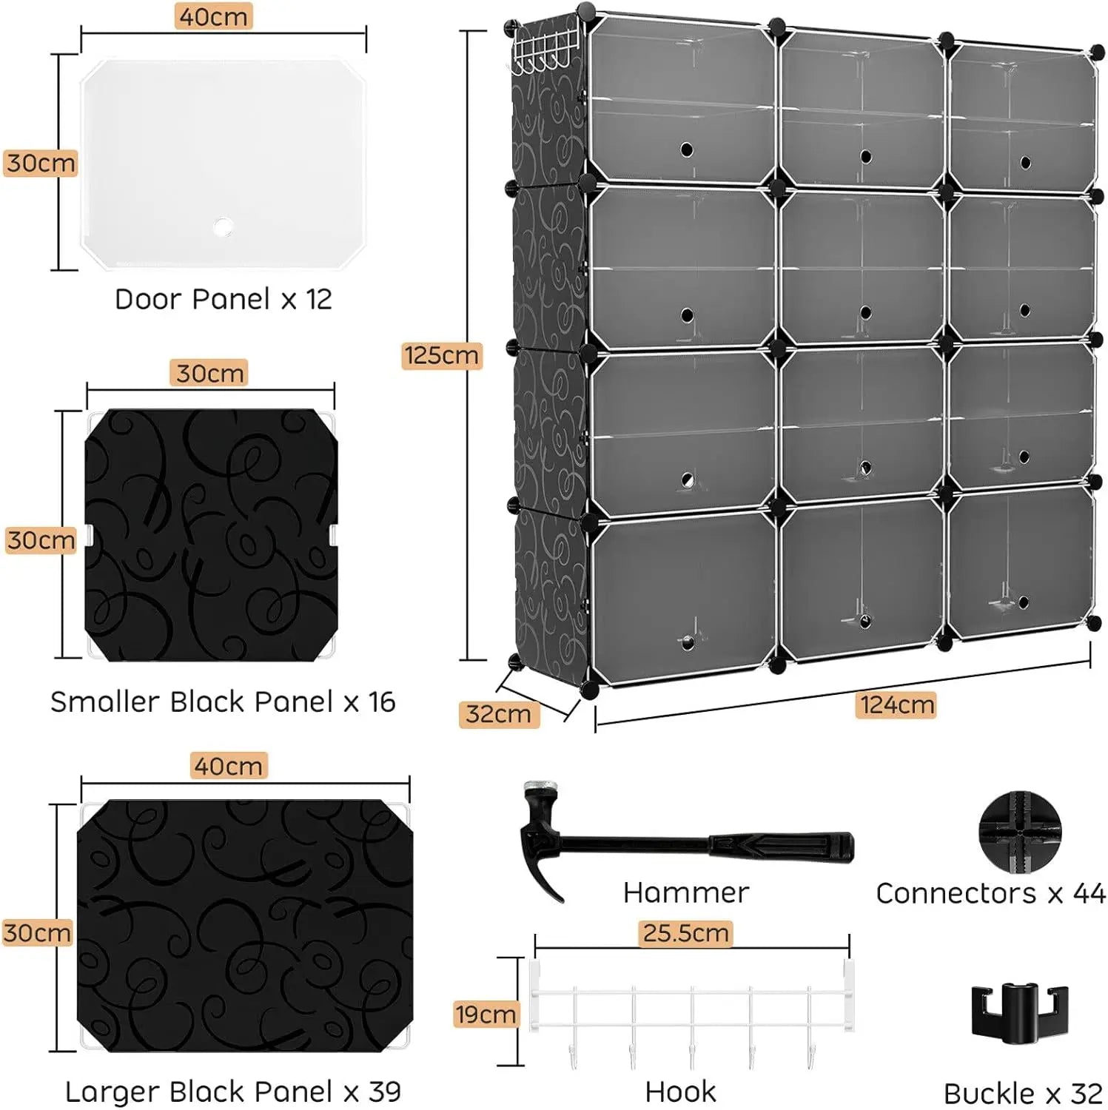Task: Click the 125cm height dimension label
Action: tap(441, 355)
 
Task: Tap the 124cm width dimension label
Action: tap(896, 704)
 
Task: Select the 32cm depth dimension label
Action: tap(498, 714)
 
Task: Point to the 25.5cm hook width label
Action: tap(685, 933)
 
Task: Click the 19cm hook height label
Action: tap(486, 1014)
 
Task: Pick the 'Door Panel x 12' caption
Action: tap(223, 300)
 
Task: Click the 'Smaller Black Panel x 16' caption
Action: tap(223, 702)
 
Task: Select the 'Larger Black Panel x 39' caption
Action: tap(232, 1091)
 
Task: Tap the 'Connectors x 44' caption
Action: tap(990, 893)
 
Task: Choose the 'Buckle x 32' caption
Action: tap(1023, 1093)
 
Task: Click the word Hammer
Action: tap(685, 892)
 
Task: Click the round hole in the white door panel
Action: tap(222, 226)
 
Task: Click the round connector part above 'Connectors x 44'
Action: tap(1019, 831)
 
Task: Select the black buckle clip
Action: tap(1019, 1011)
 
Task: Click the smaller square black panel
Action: tap(211, 534)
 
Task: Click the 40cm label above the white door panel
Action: tap(213, 16)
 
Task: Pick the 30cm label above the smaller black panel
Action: tap(209, 373)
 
